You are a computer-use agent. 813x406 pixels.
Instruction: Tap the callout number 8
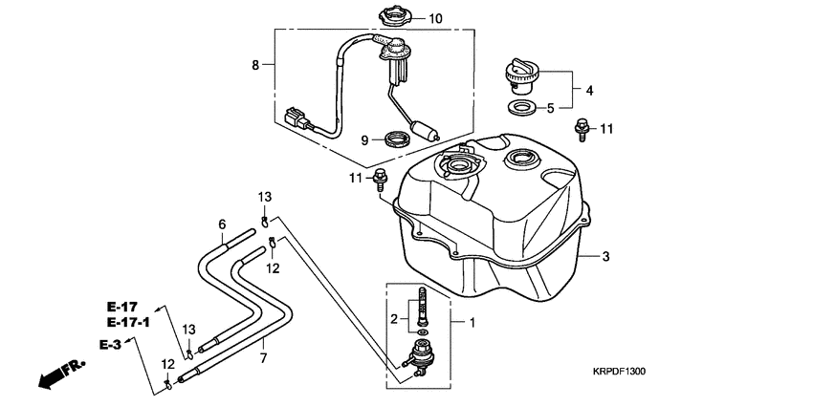(255, 65)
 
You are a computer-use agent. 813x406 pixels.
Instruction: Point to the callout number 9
(364, 140)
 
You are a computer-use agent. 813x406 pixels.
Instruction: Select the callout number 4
(589, 90)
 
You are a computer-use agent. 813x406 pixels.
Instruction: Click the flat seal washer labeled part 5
(520, 106)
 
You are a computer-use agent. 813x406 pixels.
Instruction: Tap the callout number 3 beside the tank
(605, 256)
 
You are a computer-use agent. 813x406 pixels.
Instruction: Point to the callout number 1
(471, 323)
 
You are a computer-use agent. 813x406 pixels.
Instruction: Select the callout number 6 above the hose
(222, 225)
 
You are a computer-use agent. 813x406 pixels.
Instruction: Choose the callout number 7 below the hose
(262, 358)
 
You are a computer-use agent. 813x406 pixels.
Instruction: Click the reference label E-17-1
(127, 323)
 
